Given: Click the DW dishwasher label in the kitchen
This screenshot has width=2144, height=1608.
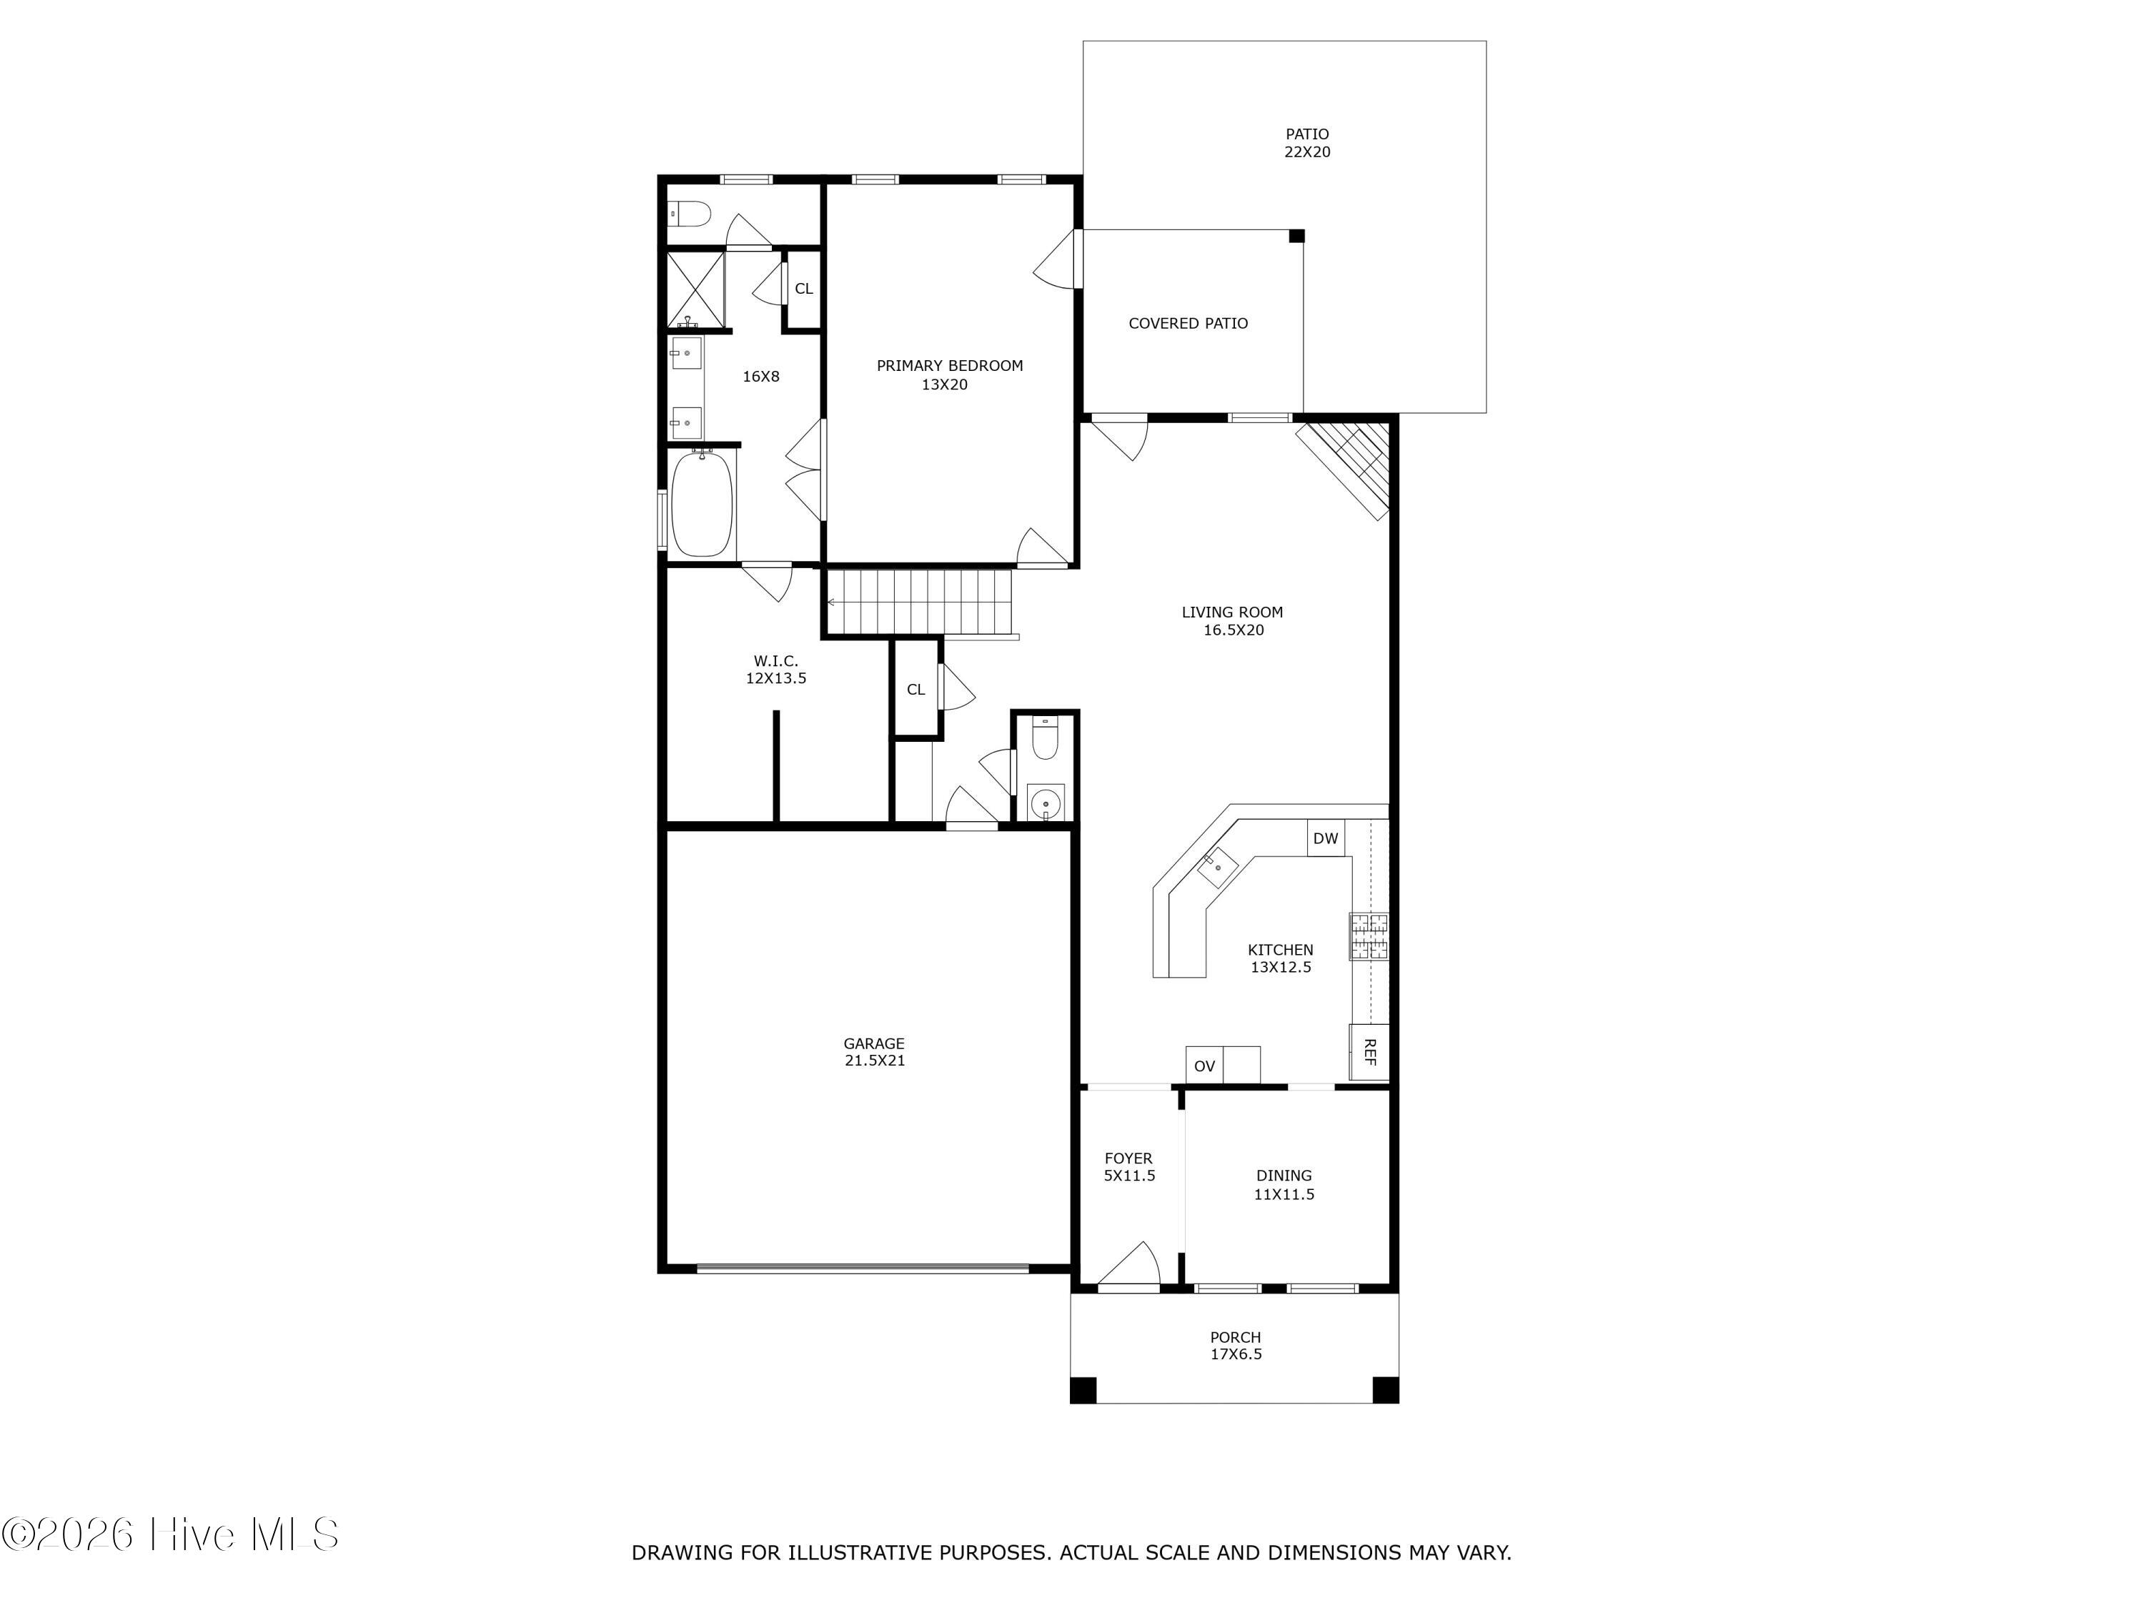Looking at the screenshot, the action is click(1325, 838).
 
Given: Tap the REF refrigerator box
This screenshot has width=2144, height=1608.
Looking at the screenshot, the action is click(1369, 1052).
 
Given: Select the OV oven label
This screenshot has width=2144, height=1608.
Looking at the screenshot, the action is click(1203, 1066).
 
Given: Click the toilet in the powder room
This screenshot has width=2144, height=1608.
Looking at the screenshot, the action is click(1044, 737).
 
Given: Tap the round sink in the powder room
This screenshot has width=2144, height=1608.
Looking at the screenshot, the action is click(1045, 803).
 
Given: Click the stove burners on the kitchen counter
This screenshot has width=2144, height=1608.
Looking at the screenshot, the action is click(1369, 936).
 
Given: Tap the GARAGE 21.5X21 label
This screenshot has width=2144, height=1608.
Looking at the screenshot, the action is click(874, 1052).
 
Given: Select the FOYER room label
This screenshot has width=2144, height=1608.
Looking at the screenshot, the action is click(1128, 1158).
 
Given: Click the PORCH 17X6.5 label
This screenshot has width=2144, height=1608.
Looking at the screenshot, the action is click(1236, 1345).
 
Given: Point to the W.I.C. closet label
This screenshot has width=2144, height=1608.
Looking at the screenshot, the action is click(775, 661).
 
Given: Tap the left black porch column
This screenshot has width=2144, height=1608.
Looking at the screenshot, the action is click(1083, 1390).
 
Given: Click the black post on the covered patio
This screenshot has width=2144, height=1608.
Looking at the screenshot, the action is click(1297, 236).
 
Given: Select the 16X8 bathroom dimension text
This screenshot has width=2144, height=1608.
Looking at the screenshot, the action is click(761, 376).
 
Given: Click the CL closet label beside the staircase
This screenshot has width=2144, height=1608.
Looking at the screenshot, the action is click(916, 689).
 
